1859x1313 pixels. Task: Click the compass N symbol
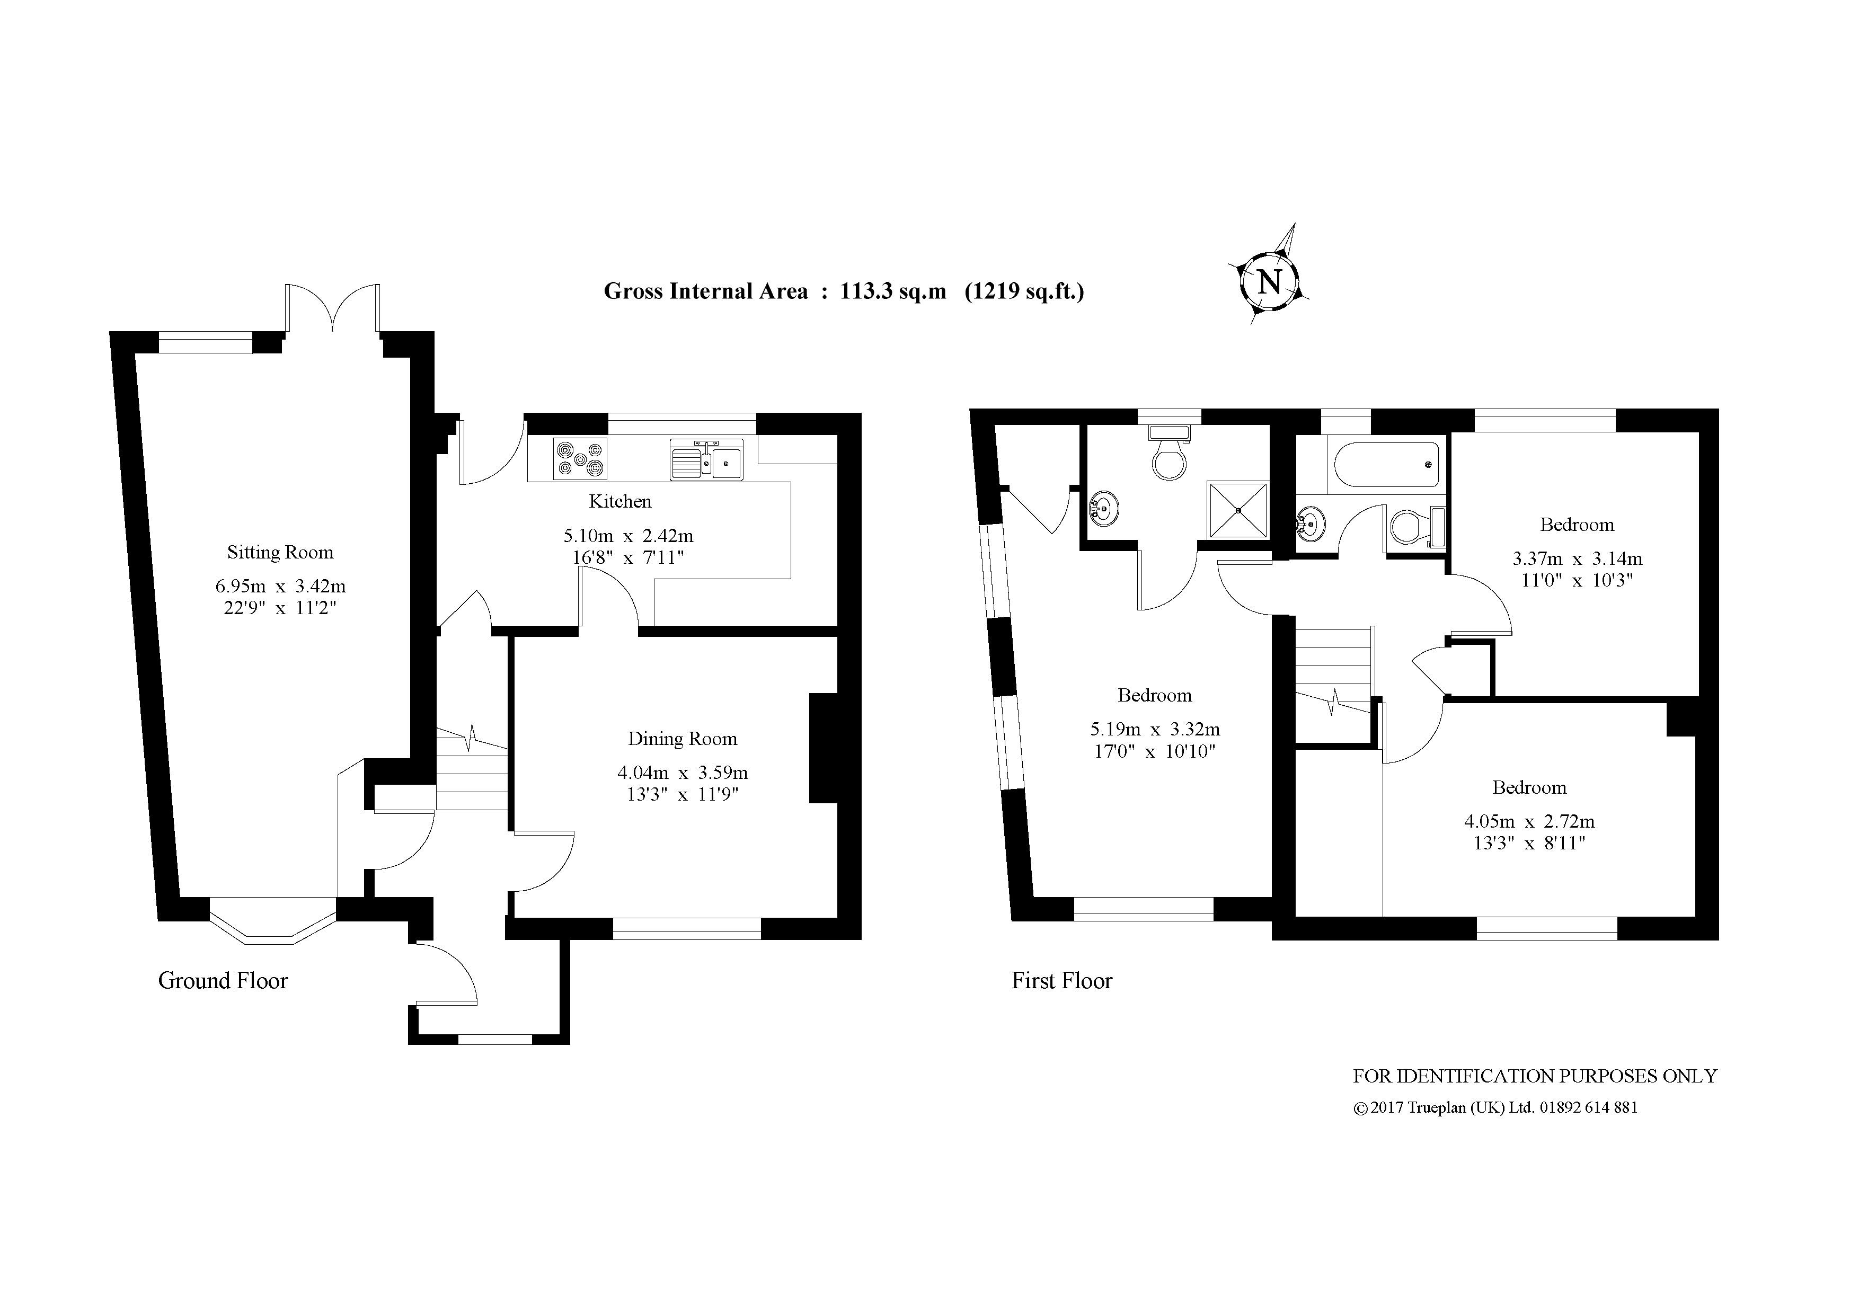(1269, 282)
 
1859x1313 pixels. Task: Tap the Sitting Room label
(280, 553)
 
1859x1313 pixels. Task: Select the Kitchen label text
(620, 502)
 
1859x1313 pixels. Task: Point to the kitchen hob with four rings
(580, 458)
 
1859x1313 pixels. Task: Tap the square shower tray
(1237, 509)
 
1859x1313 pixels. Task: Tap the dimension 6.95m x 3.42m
(280, 586)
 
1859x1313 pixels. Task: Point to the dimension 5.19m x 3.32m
(1155, 729)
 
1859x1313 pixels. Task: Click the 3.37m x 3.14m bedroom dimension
(1577, 558)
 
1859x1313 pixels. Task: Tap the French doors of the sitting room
(332, 309)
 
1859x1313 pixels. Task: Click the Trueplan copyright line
(1494, 1108)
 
